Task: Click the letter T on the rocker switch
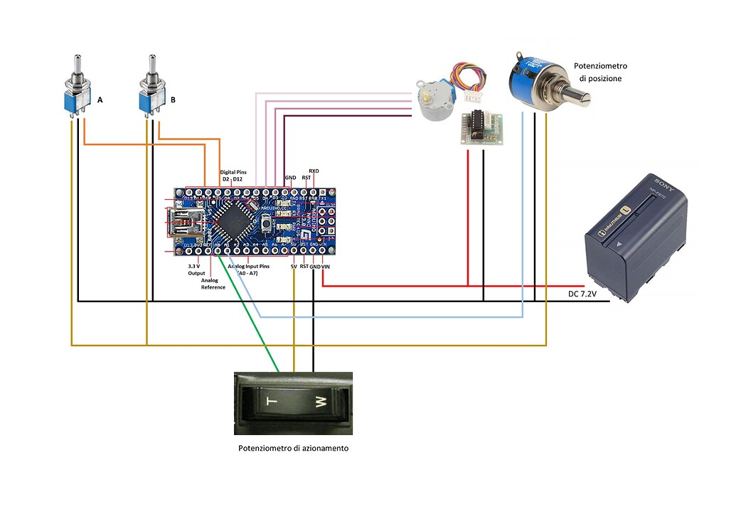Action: pyautogui.click(x=269, y=402)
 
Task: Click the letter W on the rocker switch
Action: pyautogui.click(x=319, y=403)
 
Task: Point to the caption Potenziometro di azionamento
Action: pyautogui.click(x=293, y=449)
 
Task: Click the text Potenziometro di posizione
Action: pyautogui.click(x=600, y=72)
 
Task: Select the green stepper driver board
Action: pyautogui.click(x=481, y=128)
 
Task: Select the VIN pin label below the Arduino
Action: pyautogui.click(x=326, y=266)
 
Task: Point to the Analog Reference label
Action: pyautogui.click(x=213, y=284)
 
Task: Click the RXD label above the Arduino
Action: pyautogui.click(x=314, y=171)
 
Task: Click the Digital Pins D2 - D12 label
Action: pyautogui.click(x=233, y=175)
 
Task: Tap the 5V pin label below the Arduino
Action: pyautogui.click(x=293, y=266)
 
